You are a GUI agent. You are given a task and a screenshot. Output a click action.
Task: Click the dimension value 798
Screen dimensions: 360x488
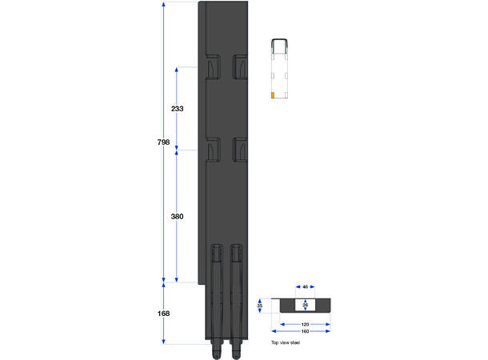pos(163,142)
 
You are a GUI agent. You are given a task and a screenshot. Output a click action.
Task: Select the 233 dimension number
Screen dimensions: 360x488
pos(177,108)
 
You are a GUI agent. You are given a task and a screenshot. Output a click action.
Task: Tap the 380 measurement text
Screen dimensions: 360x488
pos(177,216)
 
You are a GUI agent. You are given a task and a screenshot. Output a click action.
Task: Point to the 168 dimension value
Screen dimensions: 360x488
pos(163,314)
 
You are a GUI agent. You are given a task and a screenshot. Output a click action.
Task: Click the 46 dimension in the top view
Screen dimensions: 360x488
pos(306,286)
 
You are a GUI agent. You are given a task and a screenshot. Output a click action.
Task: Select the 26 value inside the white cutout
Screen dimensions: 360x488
pos(306,305)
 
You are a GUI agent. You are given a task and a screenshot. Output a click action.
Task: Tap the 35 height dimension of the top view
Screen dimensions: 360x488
pos(260,306)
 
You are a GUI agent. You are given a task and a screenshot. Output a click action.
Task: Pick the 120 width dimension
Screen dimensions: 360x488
pos(305,325)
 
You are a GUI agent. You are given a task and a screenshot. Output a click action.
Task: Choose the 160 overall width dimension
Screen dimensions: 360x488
pos(305,331)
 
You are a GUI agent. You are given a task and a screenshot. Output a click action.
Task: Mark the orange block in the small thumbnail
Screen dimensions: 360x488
pos(274,95)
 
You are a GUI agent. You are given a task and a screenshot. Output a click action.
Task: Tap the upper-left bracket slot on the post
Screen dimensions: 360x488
pos(212,67)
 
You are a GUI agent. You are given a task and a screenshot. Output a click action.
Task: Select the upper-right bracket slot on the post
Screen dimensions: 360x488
pos(239,67)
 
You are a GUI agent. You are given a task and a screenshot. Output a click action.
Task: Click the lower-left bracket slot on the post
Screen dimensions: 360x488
pos(212,150)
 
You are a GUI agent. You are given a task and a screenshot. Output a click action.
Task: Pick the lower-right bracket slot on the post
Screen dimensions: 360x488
pos(239,150)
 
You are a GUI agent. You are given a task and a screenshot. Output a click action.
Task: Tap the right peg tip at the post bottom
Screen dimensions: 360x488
pos(236,351)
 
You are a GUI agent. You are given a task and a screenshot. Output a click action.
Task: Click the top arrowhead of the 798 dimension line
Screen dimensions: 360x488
pos(163,6)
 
